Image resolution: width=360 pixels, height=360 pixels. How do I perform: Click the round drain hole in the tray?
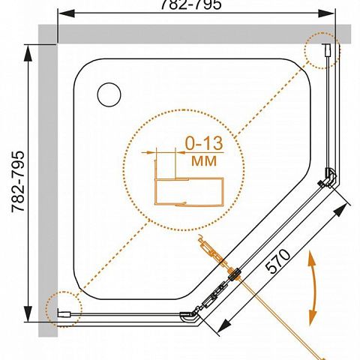tap(109, 94)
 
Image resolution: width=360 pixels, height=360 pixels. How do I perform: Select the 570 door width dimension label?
tap(278, 261)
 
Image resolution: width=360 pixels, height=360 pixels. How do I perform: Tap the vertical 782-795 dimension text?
tap(18, 181)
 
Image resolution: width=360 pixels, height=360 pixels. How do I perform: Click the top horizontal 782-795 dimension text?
tap(191, 4)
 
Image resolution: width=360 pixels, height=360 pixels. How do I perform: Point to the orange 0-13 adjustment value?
tap(204, 143)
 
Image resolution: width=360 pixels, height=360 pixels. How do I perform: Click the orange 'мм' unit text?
tap(204, 160)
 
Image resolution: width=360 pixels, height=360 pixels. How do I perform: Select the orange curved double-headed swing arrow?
tap(312, 288)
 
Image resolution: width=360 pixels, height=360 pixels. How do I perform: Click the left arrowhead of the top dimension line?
tap(66, 13)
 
